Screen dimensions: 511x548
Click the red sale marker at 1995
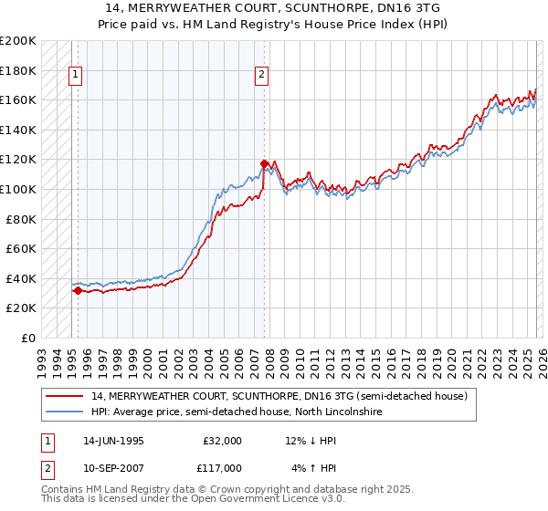click(x=78, y=291)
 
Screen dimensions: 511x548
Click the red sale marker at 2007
click(x=264, y=165)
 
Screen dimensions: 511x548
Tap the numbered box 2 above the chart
click(x=262, y=76)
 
